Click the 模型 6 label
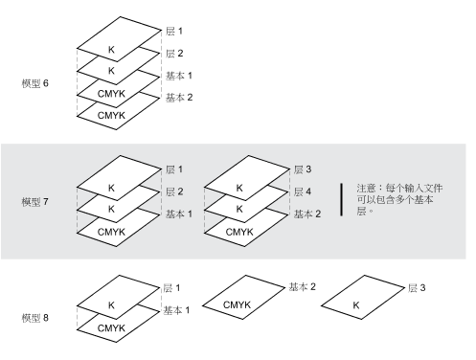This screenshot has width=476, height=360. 35,83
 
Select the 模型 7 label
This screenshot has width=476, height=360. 35,202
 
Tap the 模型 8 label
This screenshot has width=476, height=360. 35,318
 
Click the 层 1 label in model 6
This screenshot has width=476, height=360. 174,31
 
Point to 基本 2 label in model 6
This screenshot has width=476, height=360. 179,98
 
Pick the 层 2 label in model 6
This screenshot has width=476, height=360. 174,54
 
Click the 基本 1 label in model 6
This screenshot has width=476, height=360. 179,76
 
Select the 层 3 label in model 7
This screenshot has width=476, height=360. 303,169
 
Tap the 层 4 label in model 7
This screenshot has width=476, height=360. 303,191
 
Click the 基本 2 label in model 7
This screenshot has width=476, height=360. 307,214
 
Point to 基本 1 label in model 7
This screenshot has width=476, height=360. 179,214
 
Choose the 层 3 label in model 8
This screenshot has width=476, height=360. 417,288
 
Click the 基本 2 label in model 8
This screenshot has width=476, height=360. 302,287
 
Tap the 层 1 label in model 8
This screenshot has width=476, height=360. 171,288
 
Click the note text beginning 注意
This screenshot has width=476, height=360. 399,199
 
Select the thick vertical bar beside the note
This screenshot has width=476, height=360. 342,200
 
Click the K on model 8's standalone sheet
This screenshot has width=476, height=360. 356,305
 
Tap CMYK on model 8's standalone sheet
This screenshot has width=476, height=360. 237,304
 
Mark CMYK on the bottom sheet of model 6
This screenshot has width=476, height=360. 111,115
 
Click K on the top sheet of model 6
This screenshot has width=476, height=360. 111,50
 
